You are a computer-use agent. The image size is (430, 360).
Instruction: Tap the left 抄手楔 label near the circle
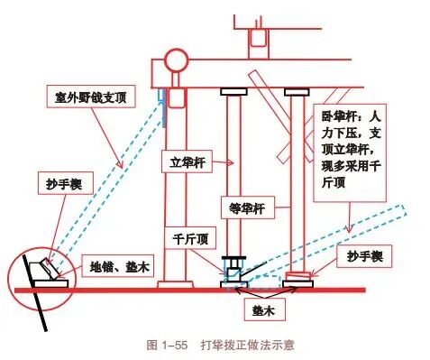pos(46,183)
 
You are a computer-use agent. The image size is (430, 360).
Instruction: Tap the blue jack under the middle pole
pos(233,268)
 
